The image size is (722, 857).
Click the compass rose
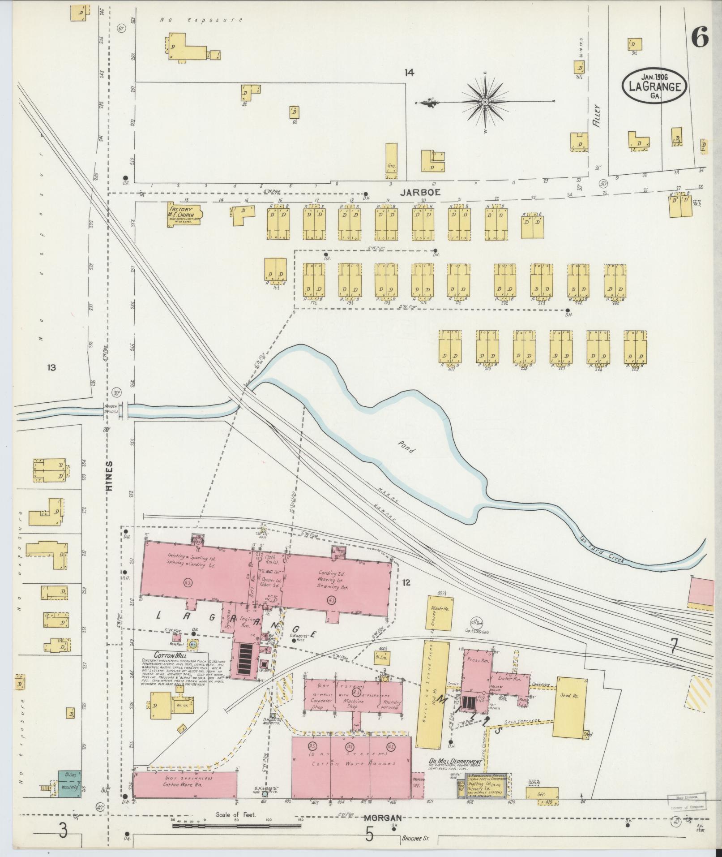[485, 102]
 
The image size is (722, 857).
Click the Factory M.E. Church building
[185, 215]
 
